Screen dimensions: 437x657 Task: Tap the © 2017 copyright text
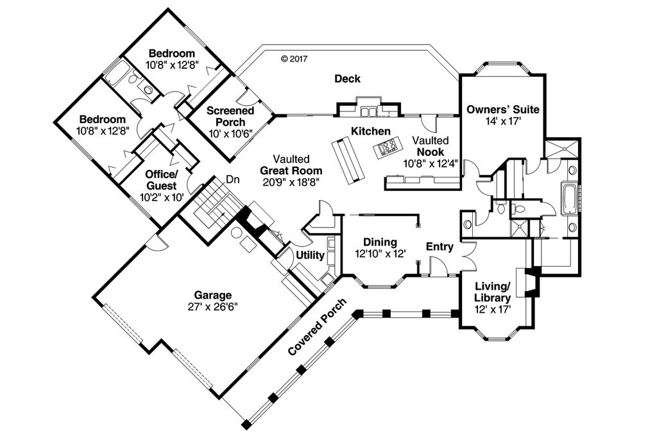(x=295, y=58)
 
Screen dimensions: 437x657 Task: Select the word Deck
(x=347, y=79)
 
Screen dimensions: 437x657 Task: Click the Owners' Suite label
(x=502, y=109)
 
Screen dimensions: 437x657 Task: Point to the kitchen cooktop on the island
(x=388, y=149)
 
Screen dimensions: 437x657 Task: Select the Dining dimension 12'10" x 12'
(x=380, y=253)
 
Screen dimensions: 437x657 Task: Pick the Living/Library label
(x=492, y=292)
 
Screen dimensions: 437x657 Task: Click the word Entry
(x=439, y=246)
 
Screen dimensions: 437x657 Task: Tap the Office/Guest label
(x=162, y=180)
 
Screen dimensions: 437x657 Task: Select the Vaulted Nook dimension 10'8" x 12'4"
(x=430, y=163)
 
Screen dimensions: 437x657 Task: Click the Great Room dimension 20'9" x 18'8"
(x=291, y=181)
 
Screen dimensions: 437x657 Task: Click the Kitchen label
(x=370, y=131)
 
